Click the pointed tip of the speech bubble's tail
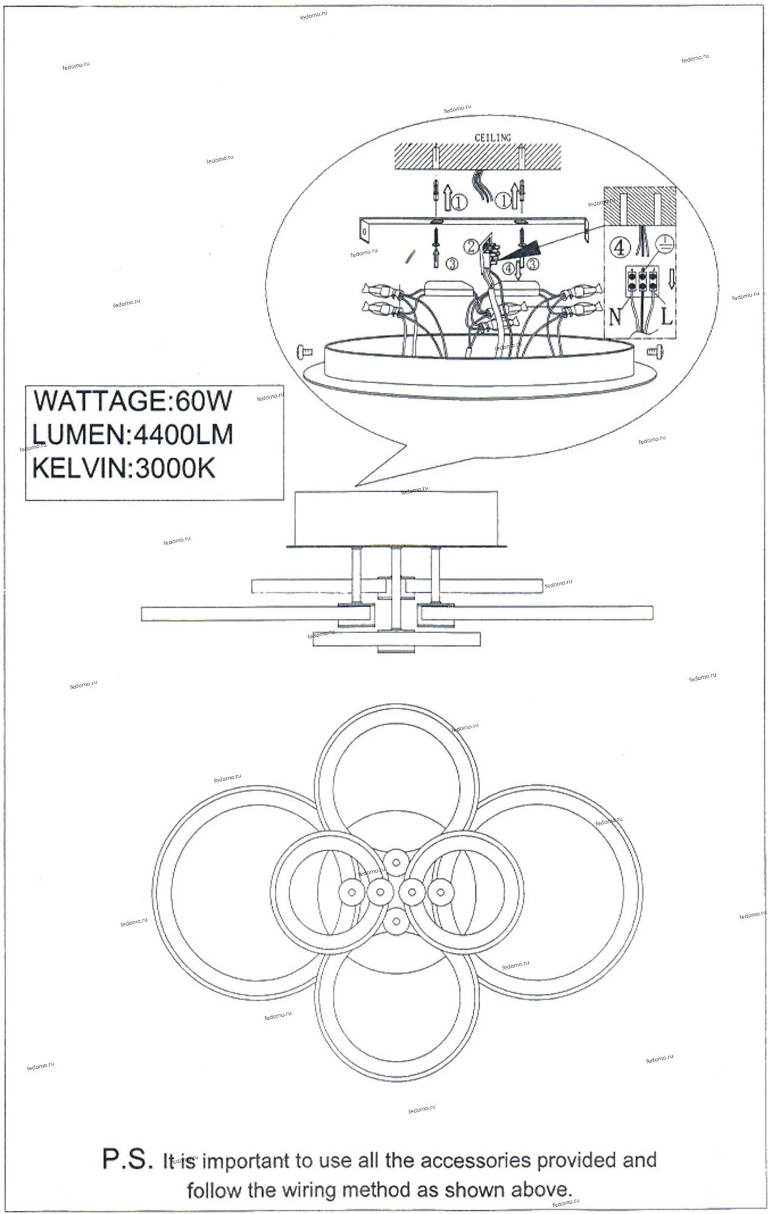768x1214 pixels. point(355,486)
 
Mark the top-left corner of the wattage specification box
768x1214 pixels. point(25,385)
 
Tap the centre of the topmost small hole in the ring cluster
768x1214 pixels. point(396,861)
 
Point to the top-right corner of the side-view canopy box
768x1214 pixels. point(498,492)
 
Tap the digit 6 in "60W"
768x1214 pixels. point(182,401)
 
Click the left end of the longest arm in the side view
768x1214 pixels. point(141,613)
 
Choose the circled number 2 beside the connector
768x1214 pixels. point(472,246)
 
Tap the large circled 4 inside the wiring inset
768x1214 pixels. point(619,247)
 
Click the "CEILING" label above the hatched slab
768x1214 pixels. point(492,138)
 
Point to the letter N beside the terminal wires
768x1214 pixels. point(616,316)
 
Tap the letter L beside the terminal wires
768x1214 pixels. point(667,316)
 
